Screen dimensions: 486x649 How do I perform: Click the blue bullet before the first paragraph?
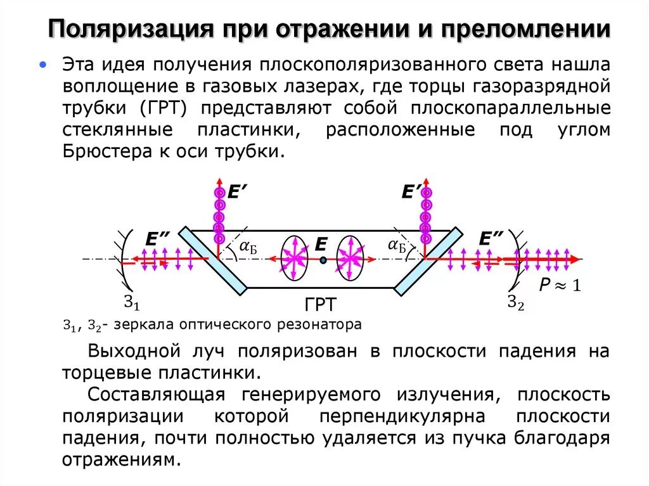click(42, 65)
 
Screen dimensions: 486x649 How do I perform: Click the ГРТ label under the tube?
click(321, 305)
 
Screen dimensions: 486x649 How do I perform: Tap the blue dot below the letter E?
click(323, 260)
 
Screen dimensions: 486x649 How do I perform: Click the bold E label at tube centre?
click(321, 245)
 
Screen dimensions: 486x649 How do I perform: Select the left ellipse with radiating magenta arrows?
click(293, 259)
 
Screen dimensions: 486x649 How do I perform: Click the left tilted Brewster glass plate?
click(212, 260)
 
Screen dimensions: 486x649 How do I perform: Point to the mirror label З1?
click(132, 304)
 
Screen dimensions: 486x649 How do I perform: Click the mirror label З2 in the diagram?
click(516, 304)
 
